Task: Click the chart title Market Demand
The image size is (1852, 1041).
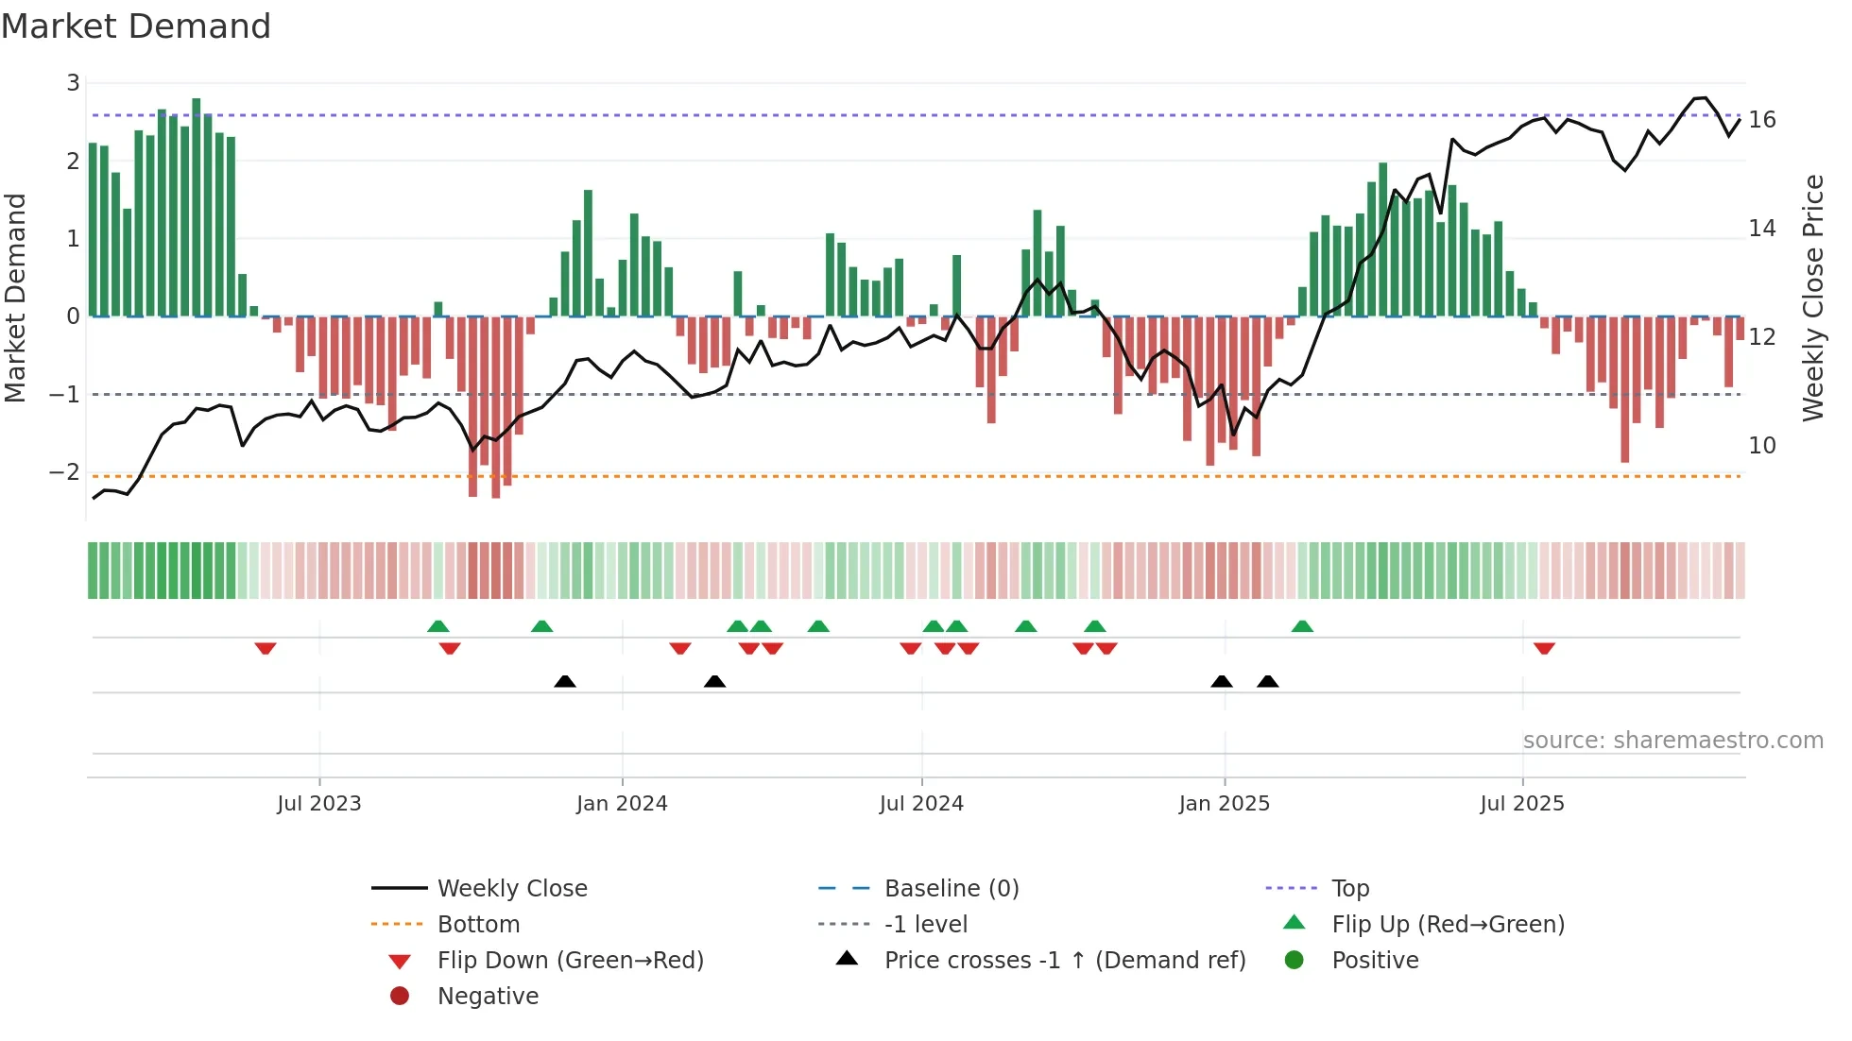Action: coord(136,26)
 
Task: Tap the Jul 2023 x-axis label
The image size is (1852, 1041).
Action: coord(319,804)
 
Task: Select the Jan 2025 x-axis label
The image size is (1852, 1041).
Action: coord(1225,804)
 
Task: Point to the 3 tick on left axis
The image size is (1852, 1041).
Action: coord(73,83)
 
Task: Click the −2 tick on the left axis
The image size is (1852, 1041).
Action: coord(65,471)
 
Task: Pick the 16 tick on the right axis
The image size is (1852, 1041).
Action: coord(1762,120)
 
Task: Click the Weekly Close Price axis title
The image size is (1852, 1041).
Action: coord(1812,298)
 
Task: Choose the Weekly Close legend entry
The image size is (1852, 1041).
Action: coord(511,889)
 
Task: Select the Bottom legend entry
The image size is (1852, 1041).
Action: coord(478,925)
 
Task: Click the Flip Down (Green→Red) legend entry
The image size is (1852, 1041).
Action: coord(570,961)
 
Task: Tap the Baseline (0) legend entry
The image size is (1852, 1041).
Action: coord(951,889)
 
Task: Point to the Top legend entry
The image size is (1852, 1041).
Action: coord(1350,889)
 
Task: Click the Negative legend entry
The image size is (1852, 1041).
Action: coord(488,997)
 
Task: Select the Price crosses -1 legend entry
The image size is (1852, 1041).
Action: coord(1064,961)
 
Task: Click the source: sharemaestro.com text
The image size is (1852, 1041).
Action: coord(1672,741)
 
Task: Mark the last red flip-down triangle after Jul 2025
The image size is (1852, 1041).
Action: coord(1544,648)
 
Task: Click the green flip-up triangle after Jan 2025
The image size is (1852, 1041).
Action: coord(1302,626)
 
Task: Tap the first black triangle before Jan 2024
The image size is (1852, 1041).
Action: coord(565,681)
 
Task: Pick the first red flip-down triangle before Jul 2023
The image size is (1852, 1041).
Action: coord(266,648)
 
